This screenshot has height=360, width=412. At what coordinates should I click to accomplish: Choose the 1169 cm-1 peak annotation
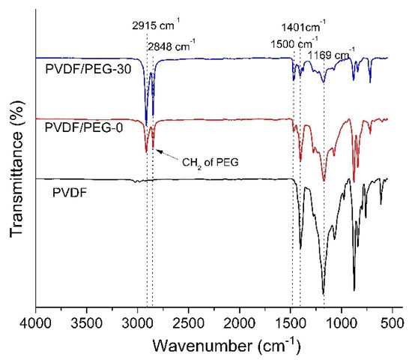331,49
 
